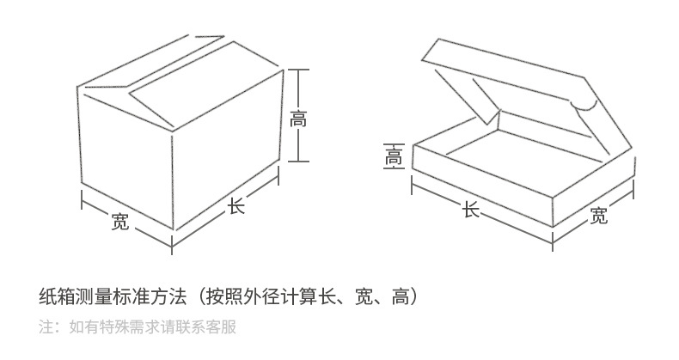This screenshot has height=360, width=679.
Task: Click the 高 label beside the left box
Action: pyautogui.click(x=298, y=119)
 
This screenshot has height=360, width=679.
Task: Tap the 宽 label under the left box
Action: pyautogui.click(x=120, y=221)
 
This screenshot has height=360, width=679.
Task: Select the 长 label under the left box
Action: pyautogui.click(x=236, y=206)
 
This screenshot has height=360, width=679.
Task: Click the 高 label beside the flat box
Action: pyautogui.click(x=394, y=156)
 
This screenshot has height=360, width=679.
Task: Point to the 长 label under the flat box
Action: pyautogui.click(x=471, y=210)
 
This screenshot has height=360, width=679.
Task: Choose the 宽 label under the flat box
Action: pyautogui.click(x=598, y=215)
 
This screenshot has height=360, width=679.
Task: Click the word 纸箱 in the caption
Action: pyautogui.click(x=58, y=296)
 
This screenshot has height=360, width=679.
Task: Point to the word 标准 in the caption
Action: pyautogui.click(x=132, y=296)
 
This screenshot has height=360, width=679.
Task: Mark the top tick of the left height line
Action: pyautogui.click(x=298, y=70)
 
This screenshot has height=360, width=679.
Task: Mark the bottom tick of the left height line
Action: pyautogui.click(x=298, y=162)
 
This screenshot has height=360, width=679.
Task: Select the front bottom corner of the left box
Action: pyautogui.click(x=173, y=229)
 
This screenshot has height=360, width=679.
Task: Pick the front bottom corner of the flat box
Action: pyautogui.click(x=553, y=227)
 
